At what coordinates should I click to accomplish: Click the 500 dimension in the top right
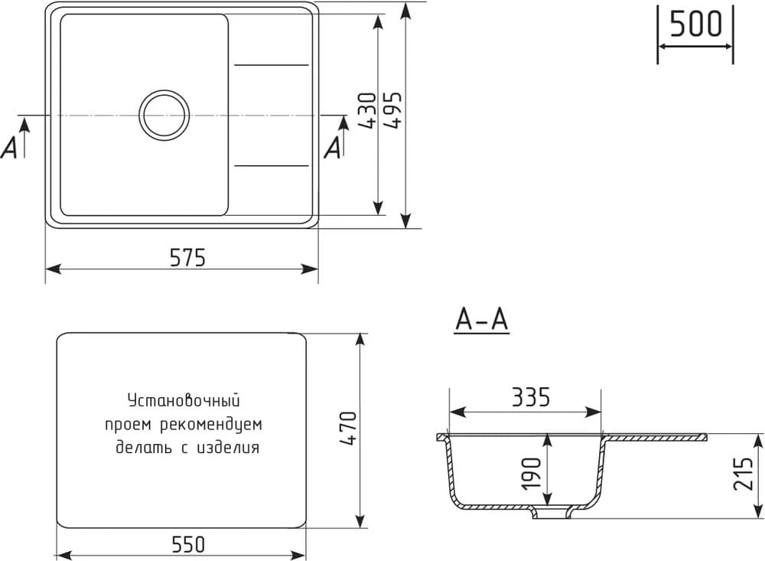coord(695,24)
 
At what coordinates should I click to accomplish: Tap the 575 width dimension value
coord(187,258)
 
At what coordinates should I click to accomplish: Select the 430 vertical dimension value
coord(366,110)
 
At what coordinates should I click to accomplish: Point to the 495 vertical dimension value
coord(393,110)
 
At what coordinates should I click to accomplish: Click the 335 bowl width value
coord(530,397)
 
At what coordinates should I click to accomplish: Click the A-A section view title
coord(481,321)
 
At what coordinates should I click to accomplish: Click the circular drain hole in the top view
coord(164,115)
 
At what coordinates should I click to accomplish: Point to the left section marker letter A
coord(10,147)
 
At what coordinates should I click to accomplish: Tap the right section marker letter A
coord(333,147)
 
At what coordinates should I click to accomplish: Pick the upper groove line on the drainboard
coord(272,65)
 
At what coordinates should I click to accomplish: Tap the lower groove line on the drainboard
coord(272,165)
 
